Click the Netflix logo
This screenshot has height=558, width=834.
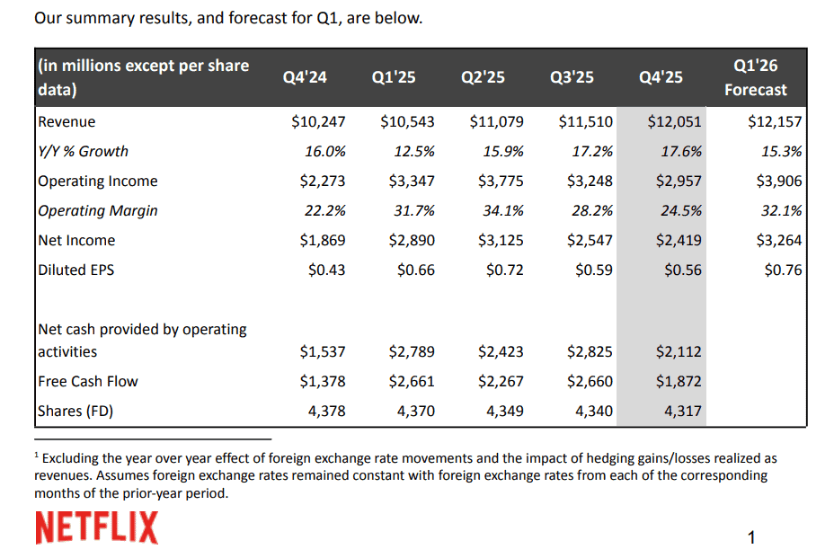[x=96, y=527]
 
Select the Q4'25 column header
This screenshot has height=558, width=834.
[x=661, y=77]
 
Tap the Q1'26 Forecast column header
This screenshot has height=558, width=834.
[x=755, y=77]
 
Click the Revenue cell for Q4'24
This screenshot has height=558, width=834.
[x=322, y=121]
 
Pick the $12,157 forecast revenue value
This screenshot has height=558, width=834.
[x=775, y=121]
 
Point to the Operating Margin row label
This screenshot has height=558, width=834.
[x=97, y=210]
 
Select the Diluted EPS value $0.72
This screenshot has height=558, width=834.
[x=504, y=270]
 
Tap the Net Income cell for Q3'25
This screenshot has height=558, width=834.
[x=590, y=240]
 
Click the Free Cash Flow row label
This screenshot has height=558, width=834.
[x=87, y=381]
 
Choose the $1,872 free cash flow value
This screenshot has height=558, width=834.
[x=679, y=381]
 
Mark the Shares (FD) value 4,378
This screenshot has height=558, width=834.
[x=327, y=411]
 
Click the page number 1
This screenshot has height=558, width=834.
[x=751, y=538]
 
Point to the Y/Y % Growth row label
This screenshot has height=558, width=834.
[x=83, y=151]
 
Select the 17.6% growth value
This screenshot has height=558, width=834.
[x=681, y=151]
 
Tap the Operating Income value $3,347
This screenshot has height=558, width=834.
[x=411, y=181]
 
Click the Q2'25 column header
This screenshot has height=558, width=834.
[x=483, y=77]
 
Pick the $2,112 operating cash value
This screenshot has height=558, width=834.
[x=679, y=351]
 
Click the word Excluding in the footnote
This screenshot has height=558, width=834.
[x=73, y=458]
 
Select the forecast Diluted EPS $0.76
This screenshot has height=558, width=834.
[x=782, y=270]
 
